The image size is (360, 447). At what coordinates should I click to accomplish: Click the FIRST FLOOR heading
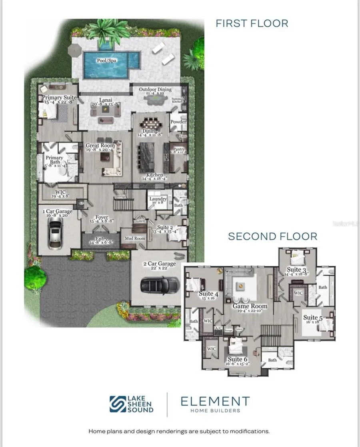point(252,23)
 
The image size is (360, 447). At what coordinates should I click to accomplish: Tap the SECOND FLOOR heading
point(272,236)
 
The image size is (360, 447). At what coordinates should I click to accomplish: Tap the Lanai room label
point(106,100)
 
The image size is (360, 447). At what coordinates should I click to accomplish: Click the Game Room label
point(250,306)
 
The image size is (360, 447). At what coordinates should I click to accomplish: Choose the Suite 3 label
point(296,270)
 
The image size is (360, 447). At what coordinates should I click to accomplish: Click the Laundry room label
point(158,199)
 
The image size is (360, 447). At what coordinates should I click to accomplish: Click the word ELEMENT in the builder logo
point(215,401)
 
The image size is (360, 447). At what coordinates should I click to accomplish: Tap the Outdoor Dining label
point(155,90)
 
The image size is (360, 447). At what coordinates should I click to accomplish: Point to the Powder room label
point(178,122)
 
